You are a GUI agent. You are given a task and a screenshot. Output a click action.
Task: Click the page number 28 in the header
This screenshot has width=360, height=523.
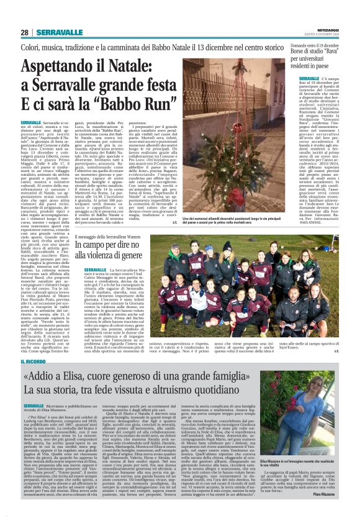24,32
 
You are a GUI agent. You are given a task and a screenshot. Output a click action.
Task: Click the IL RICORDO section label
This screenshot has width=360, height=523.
32,360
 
